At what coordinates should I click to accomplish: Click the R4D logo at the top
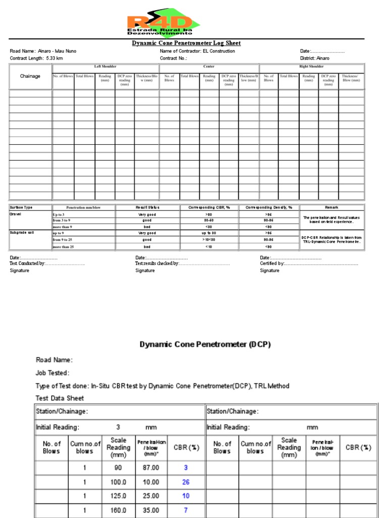pyautogui.click(x=163, y=24)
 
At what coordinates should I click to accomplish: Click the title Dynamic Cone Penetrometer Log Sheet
pyautogui.click(x=186, y=44)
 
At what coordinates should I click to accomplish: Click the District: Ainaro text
pyautogui.click(x=315, y=58)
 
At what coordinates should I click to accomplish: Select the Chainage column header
pyautogui.click(x=30, y=76)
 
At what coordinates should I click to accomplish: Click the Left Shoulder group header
pyautogui.click(x=105, y=66)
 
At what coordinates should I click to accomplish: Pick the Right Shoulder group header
pyautogui.click(x=312, y=66)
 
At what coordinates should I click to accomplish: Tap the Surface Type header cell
pyautogui.click(x=21, y=207)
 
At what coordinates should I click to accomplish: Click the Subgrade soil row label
pyautogui.click(x=22, y=233)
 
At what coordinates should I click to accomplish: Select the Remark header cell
pyautogui.click(x=331, y=207)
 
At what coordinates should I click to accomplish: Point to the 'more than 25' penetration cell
pyautogui.click(x=63, y=246)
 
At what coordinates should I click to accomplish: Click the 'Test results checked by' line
pyautogui.click(x=182, y=264)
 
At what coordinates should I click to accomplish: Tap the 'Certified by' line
pyautogui.click(x=309, y=264)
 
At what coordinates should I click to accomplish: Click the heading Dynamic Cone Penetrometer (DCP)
pyautogui.click(x=205, y=344)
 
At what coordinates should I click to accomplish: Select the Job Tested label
pyautogui.click(x=53, y=373)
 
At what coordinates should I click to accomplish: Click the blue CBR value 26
pyautogui.click(x=186, y=482)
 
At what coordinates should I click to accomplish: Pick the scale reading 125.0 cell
pyautogui.click(x=118, y=496)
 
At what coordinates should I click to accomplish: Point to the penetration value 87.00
pyautogui.click(x=151, y=468)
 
